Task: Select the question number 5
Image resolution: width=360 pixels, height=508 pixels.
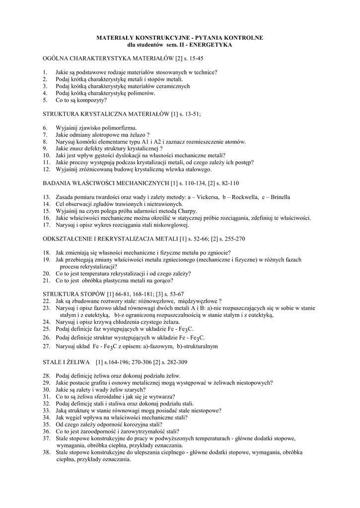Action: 45,100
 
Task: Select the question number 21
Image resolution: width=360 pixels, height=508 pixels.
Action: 46,280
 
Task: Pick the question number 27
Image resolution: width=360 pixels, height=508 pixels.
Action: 46,346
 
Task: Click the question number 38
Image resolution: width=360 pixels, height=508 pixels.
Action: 46,452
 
